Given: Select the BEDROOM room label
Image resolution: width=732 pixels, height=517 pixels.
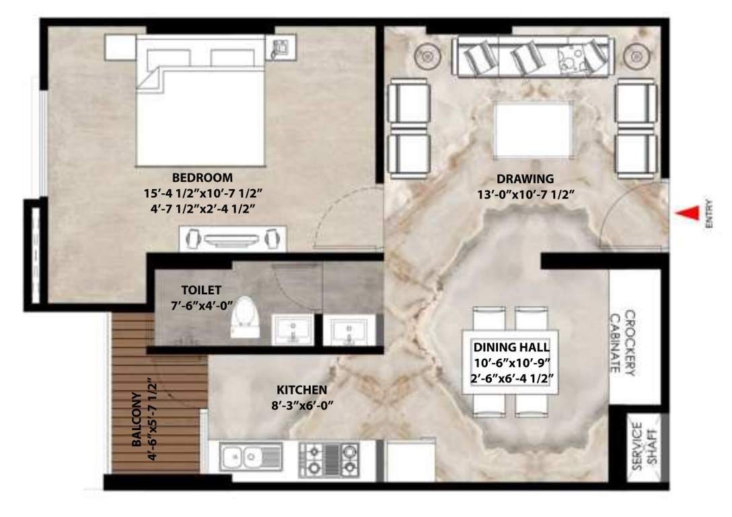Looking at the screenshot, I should pyautogui.click(x=203, y=178).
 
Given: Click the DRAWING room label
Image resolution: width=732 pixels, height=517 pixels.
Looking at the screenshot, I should pyautogui.click(x=525, y=179).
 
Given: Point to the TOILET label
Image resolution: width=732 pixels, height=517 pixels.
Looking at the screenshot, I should pyautogui.click(x=196, y=290).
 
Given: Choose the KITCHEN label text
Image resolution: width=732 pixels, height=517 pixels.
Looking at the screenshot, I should pyautogui.click(x=302, y=390).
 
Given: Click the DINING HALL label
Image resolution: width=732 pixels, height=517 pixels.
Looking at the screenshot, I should pyautogui.click(x=512, y=347).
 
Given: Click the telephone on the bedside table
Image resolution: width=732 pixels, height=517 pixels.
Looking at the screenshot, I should pyautogui.click(x=279, y=47).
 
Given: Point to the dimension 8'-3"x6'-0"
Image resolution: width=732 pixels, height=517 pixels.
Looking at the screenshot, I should pyautogui.click(x=302, y=405).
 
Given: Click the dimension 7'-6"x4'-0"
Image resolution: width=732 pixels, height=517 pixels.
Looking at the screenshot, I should pyautogui.click(x=196, y=305).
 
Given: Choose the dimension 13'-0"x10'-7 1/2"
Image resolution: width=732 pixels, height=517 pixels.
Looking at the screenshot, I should pyautogui.click(x=525, y=195).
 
